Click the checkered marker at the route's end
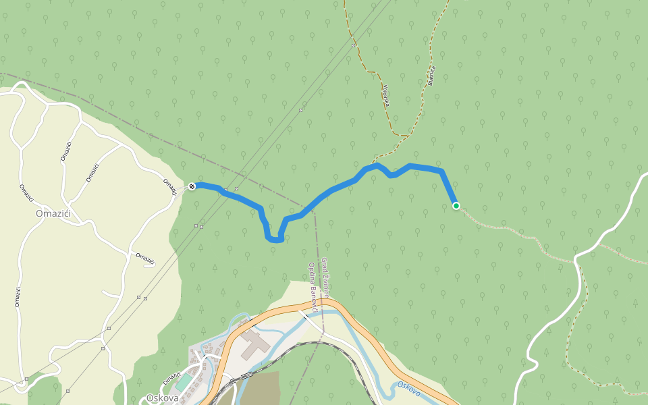click(192, 186)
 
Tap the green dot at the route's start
click(456, 206)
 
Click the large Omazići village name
click(53, 214)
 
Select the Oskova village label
click(162, 398)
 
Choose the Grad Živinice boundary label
click(325, 277)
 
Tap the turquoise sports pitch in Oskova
click(184, 382)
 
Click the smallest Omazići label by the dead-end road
click(145, 259)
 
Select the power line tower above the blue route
click(236, 189)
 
